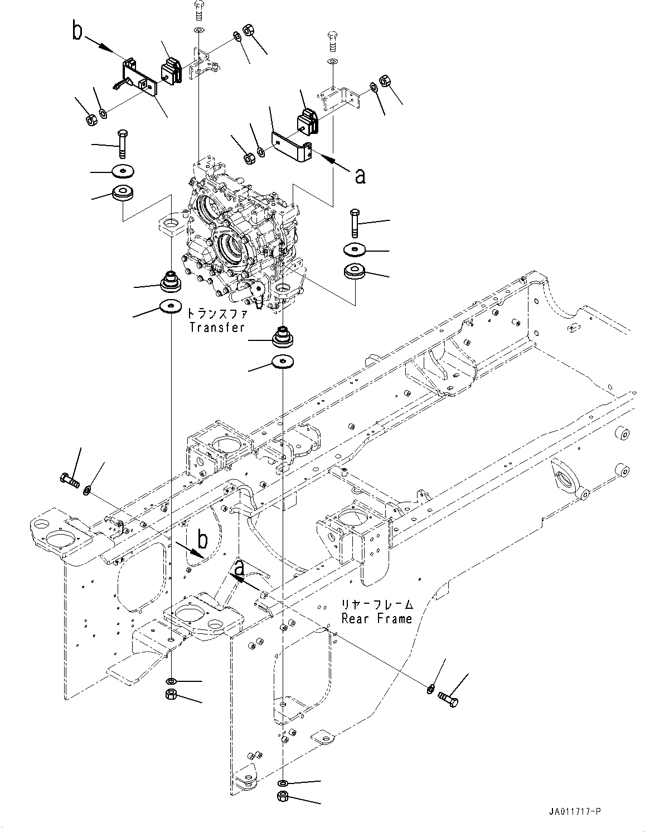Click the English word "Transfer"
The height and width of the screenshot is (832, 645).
[x=217, y=328]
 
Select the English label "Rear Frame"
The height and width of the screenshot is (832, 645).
[x=377, y=618]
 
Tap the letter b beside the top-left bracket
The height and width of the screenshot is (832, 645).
[x=77, y=32]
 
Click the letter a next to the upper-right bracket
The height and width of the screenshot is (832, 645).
[x=360, y=176]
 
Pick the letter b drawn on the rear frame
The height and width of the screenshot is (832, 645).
[x=203, y=540]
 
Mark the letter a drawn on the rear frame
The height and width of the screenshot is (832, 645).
[x=239, y=568]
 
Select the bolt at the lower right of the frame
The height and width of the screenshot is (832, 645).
[x=449, y=699]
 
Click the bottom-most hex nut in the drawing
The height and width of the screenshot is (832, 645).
[x=282, y=796]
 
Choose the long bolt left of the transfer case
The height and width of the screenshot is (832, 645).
[x=122, y=143]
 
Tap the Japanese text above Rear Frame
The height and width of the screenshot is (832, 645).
[x=377, y=604]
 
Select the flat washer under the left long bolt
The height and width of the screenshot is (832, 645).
[x=122, y=170]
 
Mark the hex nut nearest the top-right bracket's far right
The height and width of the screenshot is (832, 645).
[x=384, y=81]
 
